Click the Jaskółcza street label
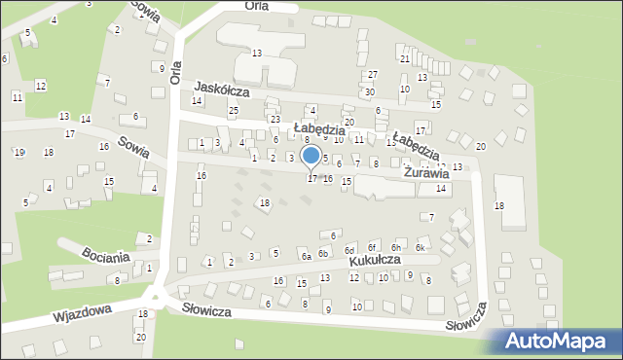pos(222,90)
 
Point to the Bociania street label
pos(106,258)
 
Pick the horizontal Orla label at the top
pos(257,6)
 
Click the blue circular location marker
pos(311,156)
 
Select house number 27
pos(373,75)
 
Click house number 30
pos(369,91)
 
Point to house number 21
pos(404,59)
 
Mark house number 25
pos(234,110)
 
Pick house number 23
pos(275,119)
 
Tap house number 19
pos(19,152)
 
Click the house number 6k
pos(421,248)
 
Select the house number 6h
pos(396,248)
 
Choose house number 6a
pos(306,256)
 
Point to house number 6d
pos(348,251)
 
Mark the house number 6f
pos(372,248)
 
